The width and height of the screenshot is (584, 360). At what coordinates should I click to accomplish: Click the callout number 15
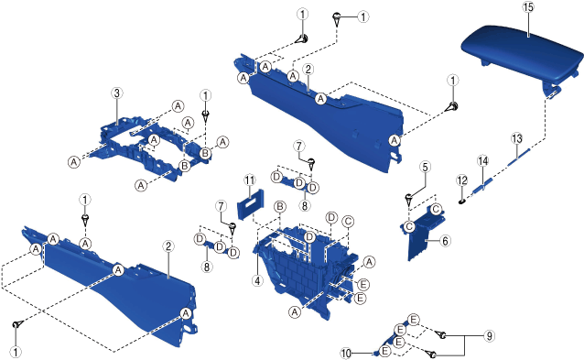[528, 7]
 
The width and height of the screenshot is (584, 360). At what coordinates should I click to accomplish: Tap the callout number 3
[117, 93]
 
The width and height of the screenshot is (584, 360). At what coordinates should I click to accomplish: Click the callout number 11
[250, 180]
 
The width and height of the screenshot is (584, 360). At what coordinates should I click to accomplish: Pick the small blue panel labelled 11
[250, 204]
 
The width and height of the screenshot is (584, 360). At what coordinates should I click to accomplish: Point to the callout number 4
[257, 280]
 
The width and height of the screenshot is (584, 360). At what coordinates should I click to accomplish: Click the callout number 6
[445, 241]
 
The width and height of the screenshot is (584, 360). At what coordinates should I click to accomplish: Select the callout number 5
[426, 167]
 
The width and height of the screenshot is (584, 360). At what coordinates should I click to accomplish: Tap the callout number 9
[489, 336]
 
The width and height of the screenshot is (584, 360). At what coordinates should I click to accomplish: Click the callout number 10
[346, 354]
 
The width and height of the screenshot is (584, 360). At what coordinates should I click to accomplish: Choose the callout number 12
[462, 180]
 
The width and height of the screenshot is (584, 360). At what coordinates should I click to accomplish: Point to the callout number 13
[517, 138]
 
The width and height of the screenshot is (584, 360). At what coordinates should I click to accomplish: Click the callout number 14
[482, 161]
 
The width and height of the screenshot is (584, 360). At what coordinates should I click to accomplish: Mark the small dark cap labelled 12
[462, 202]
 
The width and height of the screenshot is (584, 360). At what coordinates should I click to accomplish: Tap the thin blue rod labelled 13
[518, 155]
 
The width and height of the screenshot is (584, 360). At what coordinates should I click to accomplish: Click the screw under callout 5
[409, 201]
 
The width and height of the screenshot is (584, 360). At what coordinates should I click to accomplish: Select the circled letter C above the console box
[348, 222]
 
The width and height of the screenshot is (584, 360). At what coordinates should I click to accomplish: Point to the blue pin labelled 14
[483, 186]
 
